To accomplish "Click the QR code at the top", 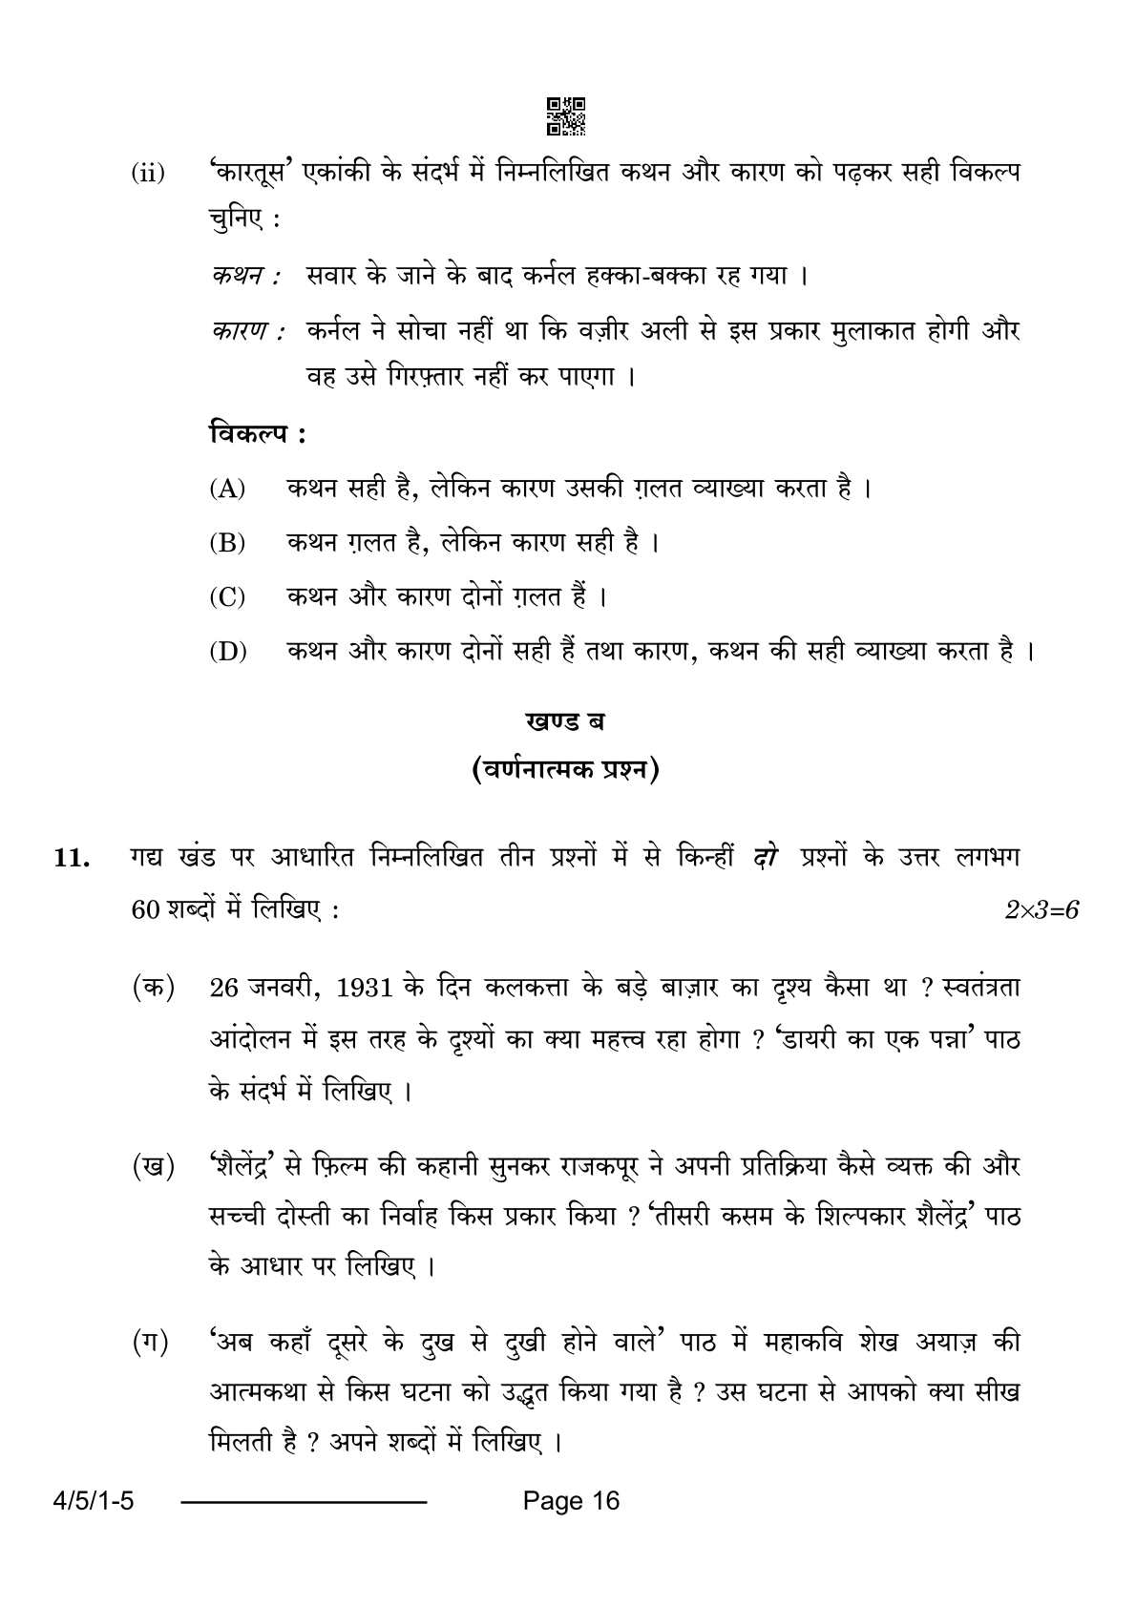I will (x=566, y=115).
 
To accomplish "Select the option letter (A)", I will (x=227, y=490).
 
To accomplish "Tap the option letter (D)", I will (x=227, y=653).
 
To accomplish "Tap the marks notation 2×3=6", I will (x=1041, y=910).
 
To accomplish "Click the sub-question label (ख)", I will (x=154, y=1166).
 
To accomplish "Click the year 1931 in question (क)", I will (x=367, y=989).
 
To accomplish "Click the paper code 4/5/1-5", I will (x=85, y=1501).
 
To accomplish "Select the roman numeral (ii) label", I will (x=148, y=176).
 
